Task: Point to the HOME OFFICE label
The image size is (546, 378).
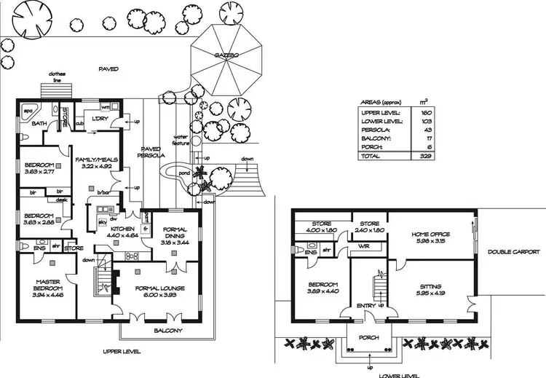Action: [x=430, y=234]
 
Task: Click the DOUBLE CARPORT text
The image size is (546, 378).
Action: [x=514, y=252]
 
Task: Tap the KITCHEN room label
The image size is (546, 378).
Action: [x=121, y=227]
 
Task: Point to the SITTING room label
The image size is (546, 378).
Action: [x=430, y=287]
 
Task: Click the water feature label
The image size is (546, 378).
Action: [x=181, y=139]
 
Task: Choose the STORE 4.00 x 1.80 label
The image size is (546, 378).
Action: [x=321, y=227]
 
